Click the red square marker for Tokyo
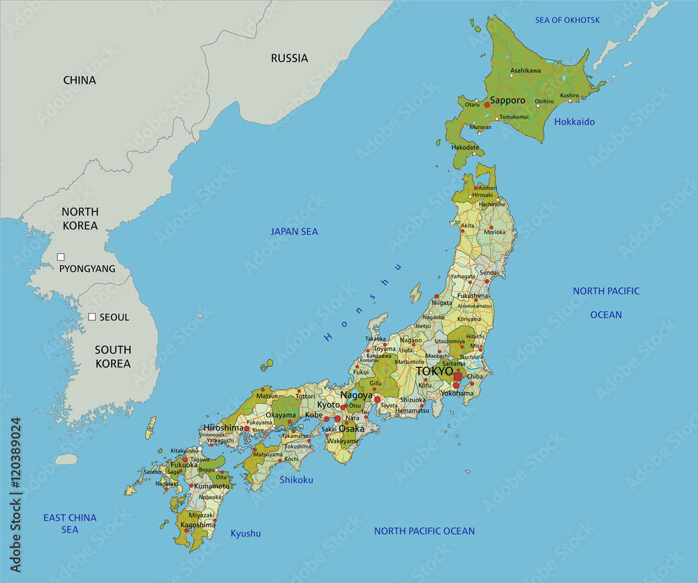click(457, 377)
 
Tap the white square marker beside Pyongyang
click(61, 257)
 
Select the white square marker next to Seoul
click(91, 317)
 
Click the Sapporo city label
click(507, 100)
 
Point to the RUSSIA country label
click(289, 59)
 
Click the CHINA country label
click(80, 80)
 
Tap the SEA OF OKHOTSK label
click(567, 20)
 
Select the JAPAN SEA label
click(294, 232)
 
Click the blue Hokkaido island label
click(574, 122)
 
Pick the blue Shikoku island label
click(296, 480)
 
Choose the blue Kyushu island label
click(245, 533)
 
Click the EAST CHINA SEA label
click(70, 524)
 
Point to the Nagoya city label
click(356, 395)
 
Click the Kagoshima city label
click(197, 524)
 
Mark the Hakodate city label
click(465, 148)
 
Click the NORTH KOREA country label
click(80, 218)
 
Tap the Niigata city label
click(442, 303)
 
